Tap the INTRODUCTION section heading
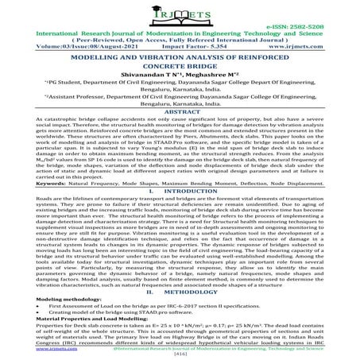point(189,213)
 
